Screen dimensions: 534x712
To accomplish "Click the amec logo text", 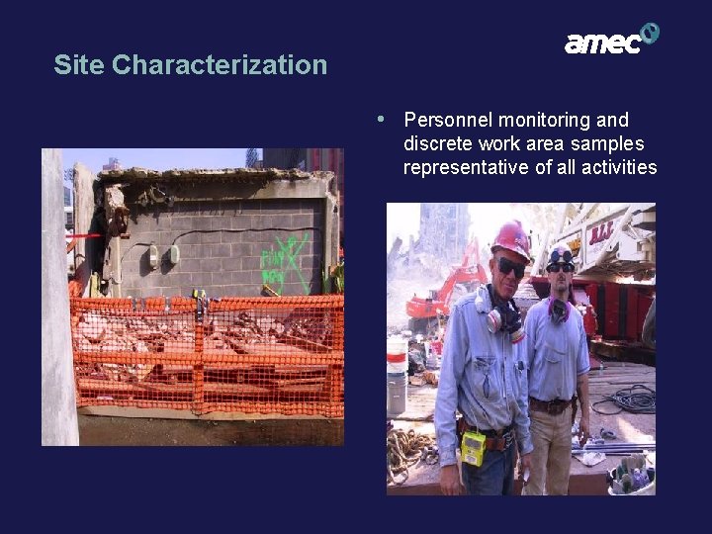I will click(601, 43).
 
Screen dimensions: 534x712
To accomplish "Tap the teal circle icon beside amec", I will click(650, 34).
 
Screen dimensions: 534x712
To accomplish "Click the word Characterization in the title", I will click(219, 65).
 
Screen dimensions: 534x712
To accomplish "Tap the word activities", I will click(620, 167).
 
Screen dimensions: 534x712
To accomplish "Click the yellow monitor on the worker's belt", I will click(474, 448).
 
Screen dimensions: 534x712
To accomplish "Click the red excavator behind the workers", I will click(445, 292).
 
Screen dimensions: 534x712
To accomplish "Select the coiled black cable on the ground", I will click(628, 399).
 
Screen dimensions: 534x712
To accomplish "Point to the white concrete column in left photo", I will click(58, 297).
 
